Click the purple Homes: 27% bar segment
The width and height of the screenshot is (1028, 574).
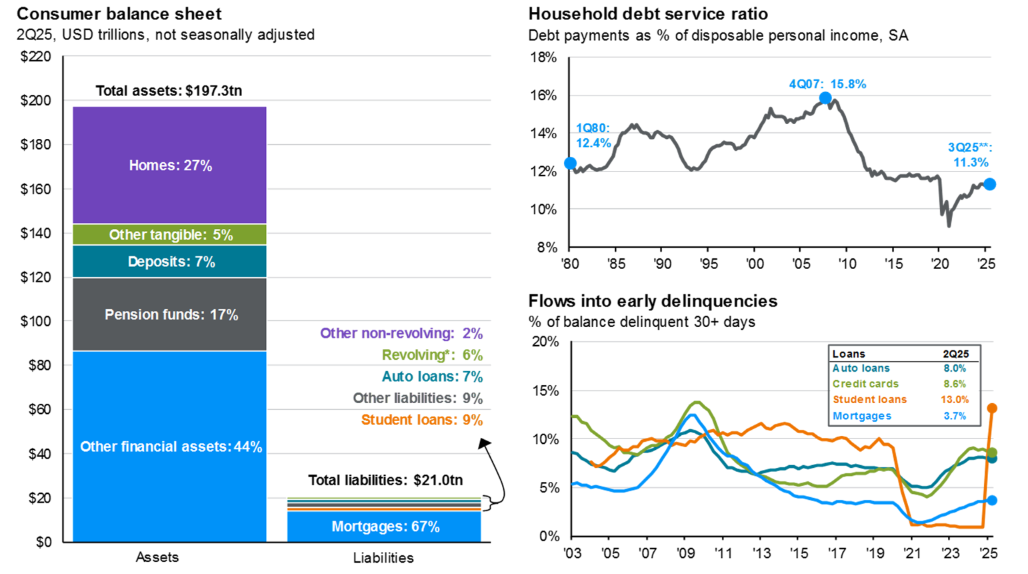point(169,166)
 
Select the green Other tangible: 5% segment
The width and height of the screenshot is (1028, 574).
point(169,235)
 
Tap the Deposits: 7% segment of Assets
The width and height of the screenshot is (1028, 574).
point(169,262)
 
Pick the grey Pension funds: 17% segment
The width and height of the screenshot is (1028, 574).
point(169,314)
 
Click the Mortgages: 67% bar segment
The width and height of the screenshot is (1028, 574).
point(385,527)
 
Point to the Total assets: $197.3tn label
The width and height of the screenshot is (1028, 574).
point(169,91)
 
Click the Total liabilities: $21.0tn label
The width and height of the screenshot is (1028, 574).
point(385,480)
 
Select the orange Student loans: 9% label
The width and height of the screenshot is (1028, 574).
point(421,420)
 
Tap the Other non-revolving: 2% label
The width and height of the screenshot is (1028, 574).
point(401,333)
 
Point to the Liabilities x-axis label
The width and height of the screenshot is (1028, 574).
point(383,558)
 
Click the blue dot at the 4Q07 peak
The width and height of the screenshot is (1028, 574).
point(825,98)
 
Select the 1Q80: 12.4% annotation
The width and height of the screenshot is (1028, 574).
point(593,135)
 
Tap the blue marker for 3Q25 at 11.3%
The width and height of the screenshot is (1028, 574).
point(990,184)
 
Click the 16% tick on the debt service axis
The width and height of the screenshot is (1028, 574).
point(543,95)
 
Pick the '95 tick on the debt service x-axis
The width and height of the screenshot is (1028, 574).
point(709,264)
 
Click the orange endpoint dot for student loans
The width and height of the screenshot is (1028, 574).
point(992,408)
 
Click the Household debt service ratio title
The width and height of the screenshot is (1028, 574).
point(648,13)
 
